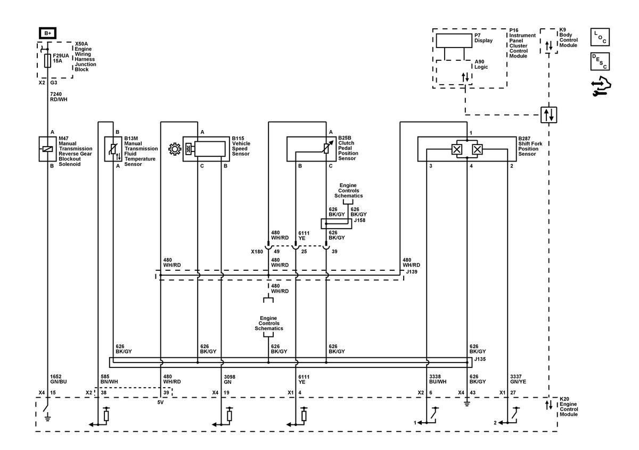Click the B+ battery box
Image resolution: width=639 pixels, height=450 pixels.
point(47,33)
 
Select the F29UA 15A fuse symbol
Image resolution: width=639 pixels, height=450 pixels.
point(47,61)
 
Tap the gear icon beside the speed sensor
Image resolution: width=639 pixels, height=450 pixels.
point(175,149)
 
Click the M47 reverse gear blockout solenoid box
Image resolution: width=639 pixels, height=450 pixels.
point(47,149)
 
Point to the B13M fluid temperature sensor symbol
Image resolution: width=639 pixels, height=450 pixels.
point(113,149)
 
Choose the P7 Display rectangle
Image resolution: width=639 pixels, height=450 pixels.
point(454,41)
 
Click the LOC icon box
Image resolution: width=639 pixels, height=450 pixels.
point(600,37)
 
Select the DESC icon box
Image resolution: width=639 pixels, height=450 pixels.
point(600,61)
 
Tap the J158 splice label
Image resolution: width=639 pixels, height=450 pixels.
point(359,220)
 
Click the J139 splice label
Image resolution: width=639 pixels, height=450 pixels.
point(412,272)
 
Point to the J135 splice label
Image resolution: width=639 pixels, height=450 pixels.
point(480,359)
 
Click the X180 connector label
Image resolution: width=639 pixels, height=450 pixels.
point(257,252)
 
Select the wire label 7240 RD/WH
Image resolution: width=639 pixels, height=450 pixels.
point(59,97)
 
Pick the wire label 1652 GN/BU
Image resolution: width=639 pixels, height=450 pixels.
point(58,379)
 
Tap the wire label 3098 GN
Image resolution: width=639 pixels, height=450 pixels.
point(230,380)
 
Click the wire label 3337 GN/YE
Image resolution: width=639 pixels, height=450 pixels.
point(518,379)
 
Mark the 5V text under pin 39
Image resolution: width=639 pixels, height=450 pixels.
point(160,403)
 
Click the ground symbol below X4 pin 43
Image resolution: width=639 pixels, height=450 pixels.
point(467,404)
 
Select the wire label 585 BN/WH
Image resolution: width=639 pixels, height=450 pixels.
point(109,379)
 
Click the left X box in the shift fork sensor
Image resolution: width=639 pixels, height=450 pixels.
point(457,149)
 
